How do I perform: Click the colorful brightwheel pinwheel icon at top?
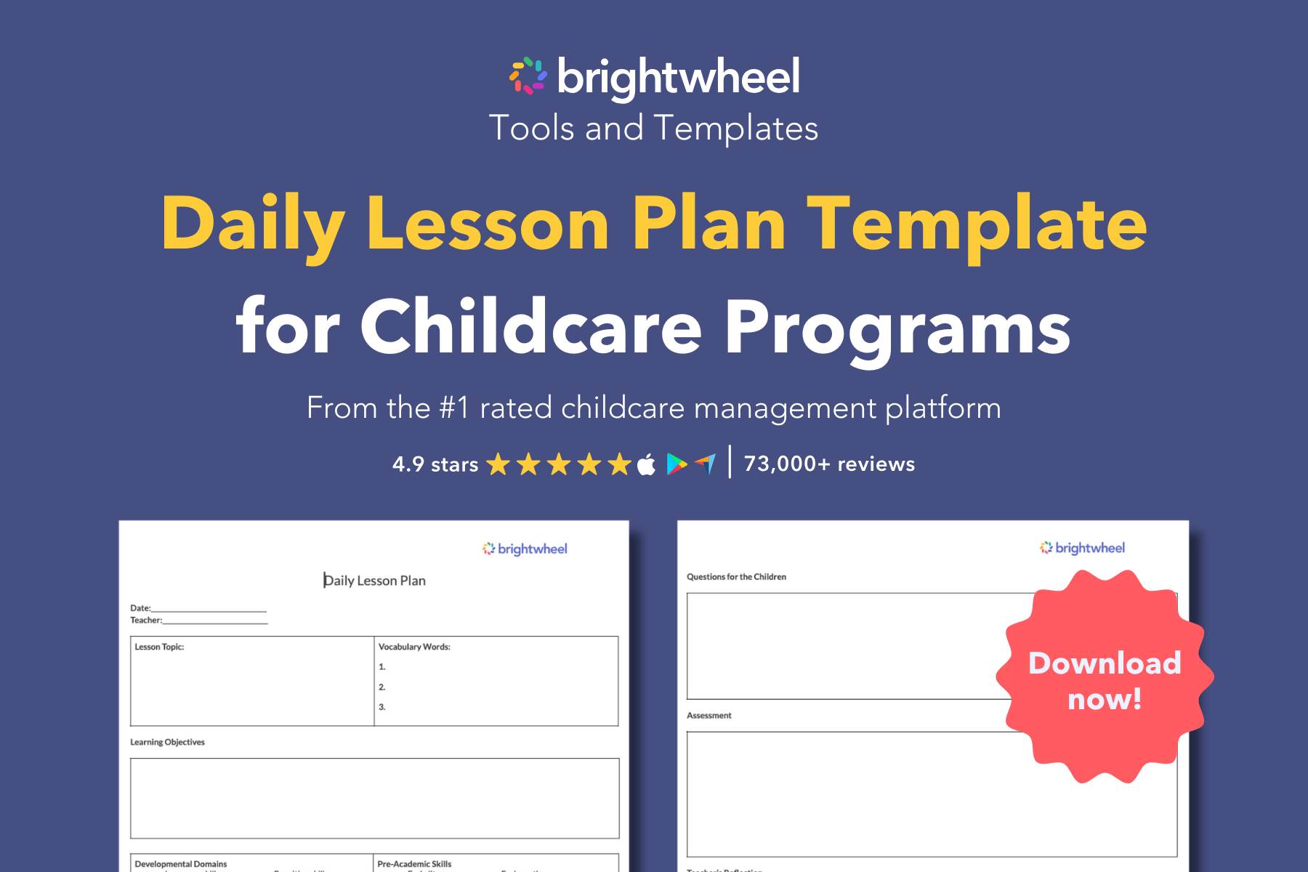(528, 76)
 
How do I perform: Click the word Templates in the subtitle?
(735, 129)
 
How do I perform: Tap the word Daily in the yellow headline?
(252, 225)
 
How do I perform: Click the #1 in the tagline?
(454, 408)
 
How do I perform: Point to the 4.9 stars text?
(435, 464)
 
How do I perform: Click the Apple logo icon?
(646, 464)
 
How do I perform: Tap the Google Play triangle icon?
(676, 464)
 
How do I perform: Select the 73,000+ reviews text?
(829, 464)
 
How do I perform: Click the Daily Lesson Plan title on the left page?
(375, 581)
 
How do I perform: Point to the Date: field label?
(140, 608)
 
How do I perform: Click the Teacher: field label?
(145, 621)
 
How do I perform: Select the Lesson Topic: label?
(159, 647)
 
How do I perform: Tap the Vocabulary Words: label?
(414, 647)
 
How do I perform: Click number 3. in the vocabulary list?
(382, 707)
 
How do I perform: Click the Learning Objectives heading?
(167, 742)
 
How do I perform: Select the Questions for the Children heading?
(736, 577)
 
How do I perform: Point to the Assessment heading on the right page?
(708, 716)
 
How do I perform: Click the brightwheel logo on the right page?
(1082, 548)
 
